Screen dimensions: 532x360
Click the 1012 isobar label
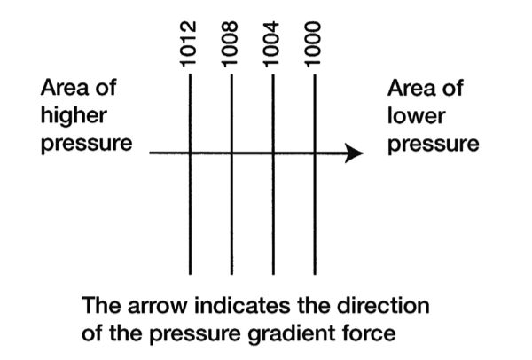pos(188,44)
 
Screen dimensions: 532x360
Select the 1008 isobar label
pos(230,44)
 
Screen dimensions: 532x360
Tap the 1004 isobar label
pos(271,44)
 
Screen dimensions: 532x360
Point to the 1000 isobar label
pos(312,44)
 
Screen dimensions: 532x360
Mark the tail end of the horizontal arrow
pos(150,153)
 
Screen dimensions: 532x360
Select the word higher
pos(74,116)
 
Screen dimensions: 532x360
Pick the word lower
pos(416,116)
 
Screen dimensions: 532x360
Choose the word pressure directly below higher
pos(87,144)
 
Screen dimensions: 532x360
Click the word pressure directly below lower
pos(434,145)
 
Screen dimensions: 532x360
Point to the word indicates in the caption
pos(242,305)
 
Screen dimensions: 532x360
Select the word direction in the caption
pos(383,305)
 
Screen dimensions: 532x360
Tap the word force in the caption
pos(369,333)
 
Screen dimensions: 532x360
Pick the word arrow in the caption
pos(157,307)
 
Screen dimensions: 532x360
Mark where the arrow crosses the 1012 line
pos(190,153)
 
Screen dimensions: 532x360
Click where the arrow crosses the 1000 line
pos(315,153)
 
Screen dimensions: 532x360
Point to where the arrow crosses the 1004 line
pos(273,153)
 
